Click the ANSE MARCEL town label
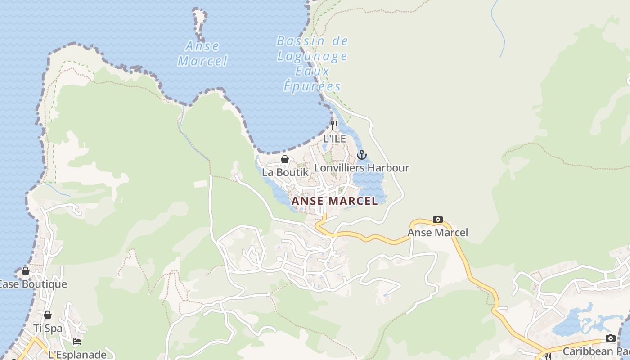pos(334,201)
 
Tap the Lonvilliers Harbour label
pos(362,168)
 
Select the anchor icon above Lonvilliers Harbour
pos(361,155)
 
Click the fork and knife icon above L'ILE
pos(334,125)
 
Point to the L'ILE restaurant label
pos(335,139)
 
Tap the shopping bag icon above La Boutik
pos(284,159)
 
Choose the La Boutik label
pos(285,172)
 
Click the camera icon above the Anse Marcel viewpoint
pos(437,220)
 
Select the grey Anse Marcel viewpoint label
pos(437,233)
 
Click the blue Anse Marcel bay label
pos(202,54)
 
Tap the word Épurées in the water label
pos(312,86)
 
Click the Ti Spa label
pos(48,328)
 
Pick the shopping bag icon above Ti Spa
pos(48,315)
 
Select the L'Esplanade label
pos(77,354)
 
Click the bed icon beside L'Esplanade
pos(77,342)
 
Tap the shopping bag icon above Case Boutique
pos(26,271)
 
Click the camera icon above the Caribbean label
pos(610,338)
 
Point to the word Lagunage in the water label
pos(312,56)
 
